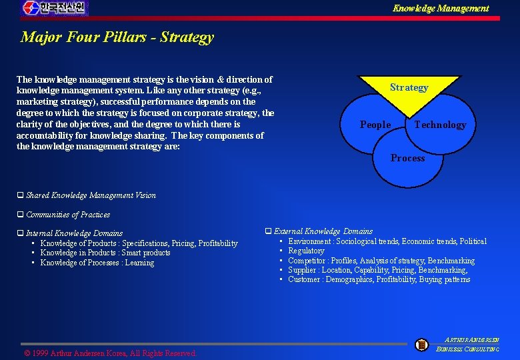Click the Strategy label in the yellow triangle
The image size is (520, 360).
[x=409, y=88]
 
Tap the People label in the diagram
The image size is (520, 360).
[x=375, y=125]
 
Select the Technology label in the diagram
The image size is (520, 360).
[x=440, y=125]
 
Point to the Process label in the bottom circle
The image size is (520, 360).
[x=407, y=158]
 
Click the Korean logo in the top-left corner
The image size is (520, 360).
[x=54, y=9]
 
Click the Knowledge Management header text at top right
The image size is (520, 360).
[x=440, y=9]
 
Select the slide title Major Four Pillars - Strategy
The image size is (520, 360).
[x=117, y=37]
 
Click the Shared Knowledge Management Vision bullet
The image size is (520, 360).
[x=91, y=195]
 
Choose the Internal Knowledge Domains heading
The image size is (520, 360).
[x=74, y=233]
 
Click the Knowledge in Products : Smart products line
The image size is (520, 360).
[x=105, y=253]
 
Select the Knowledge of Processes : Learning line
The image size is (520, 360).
[x=97, y=263]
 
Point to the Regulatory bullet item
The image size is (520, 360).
[x=306, y=251]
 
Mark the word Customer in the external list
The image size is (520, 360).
[x=305, y=279]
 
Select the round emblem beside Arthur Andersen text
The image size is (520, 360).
[x=421, y=345]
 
